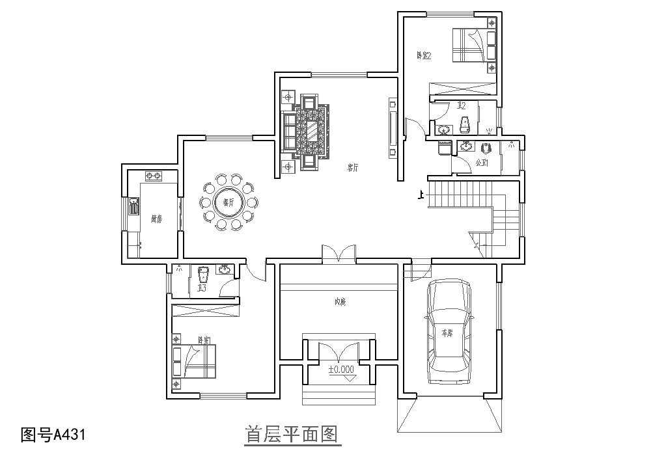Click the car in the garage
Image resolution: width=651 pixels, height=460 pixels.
(x=449, y=332)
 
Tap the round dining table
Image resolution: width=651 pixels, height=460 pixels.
(x=229, y=203)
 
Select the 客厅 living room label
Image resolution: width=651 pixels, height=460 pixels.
(x=353, y=167)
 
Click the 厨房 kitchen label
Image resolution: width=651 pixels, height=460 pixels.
(x=156, y=219)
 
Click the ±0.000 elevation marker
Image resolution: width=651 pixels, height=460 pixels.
(x=341, y=370)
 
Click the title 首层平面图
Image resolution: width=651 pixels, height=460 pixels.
(x=292, y=434)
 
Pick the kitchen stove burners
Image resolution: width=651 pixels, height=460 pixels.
(x=154, y=176)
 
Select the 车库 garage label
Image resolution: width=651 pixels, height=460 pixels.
(x=447, y=332)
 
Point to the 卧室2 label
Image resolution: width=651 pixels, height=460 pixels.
(x=424, y=56)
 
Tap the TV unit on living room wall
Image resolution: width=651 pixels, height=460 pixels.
(x=393, y=128)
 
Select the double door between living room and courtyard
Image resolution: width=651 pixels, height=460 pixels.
(x=339, y=254)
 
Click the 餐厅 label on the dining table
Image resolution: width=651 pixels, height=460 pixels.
(x=229, y=203)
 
